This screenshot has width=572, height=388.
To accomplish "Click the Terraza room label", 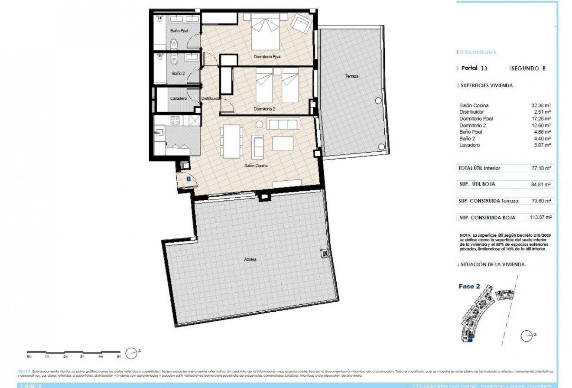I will [351, 76].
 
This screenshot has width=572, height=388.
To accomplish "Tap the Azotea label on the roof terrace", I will [250, 259].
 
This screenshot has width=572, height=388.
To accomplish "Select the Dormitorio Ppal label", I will [267, 57].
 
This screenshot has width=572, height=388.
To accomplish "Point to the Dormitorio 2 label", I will [264, 109].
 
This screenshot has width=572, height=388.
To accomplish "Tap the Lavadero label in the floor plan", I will [178, 99].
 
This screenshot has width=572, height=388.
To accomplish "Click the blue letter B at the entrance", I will [188, 178].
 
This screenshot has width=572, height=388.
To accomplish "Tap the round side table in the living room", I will [259, 124].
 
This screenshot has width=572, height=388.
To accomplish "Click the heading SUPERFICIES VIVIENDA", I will [486, 86].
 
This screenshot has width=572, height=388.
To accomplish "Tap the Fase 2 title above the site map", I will [469, 286].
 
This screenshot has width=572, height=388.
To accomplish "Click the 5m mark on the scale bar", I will [119, 356].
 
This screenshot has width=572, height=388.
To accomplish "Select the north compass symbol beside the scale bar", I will [131, 353].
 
